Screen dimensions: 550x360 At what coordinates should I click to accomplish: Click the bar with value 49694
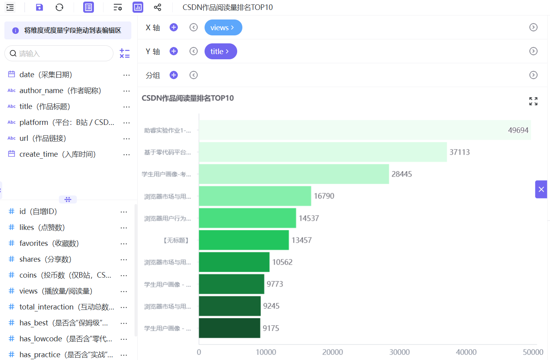[x=365, y=130]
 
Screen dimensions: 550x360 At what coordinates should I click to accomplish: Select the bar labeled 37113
[x=323, y=152]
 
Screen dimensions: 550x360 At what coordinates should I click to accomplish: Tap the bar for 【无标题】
[x=244, y=240]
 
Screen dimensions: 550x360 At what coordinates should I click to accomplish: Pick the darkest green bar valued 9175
[x=230, y=328]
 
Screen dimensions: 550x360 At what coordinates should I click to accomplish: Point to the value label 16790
[x=324, y=196]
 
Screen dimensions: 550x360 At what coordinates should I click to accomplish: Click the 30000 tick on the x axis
[x=400, y=352]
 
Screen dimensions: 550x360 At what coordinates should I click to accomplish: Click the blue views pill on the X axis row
[x=223, y=27]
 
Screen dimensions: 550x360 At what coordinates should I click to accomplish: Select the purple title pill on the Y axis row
[x=221, y=51]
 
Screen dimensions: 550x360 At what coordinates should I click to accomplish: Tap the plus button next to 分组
[x=174, y=75]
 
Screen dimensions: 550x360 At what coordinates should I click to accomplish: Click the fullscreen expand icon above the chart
[x=533, y=101]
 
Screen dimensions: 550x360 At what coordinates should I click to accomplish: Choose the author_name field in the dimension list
[x=60, y=91]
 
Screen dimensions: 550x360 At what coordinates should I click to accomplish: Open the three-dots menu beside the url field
[x=127, y=139]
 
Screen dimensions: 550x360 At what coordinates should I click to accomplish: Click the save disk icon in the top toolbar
[x=39, y=8]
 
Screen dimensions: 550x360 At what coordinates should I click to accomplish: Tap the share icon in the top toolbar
[x=157, y=8]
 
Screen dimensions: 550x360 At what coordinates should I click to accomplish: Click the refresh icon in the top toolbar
[x=59, y=8]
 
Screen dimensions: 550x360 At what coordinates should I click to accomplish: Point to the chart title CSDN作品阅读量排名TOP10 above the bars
[x=187, y=98]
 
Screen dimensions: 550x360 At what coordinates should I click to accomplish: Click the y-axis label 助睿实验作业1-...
[x=168, y=130]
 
